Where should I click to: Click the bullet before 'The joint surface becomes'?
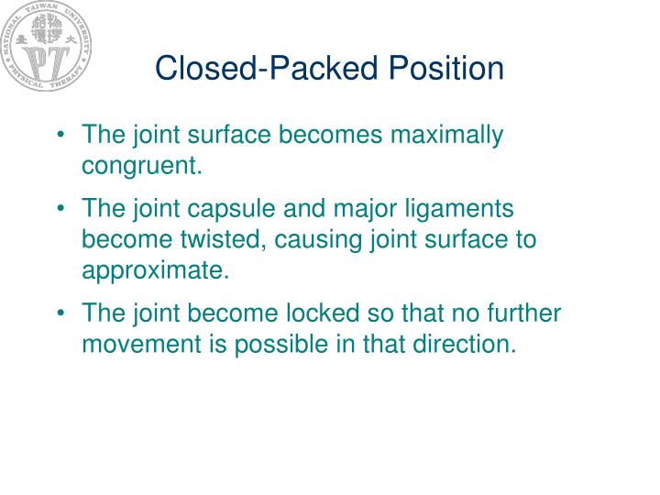click(60, 137)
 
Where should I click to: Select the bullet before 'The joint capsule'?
click(60, 209)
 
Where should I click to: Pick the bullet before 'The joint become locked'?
click(60, 313)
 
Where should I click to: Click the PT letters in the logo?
click(45, 62)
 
